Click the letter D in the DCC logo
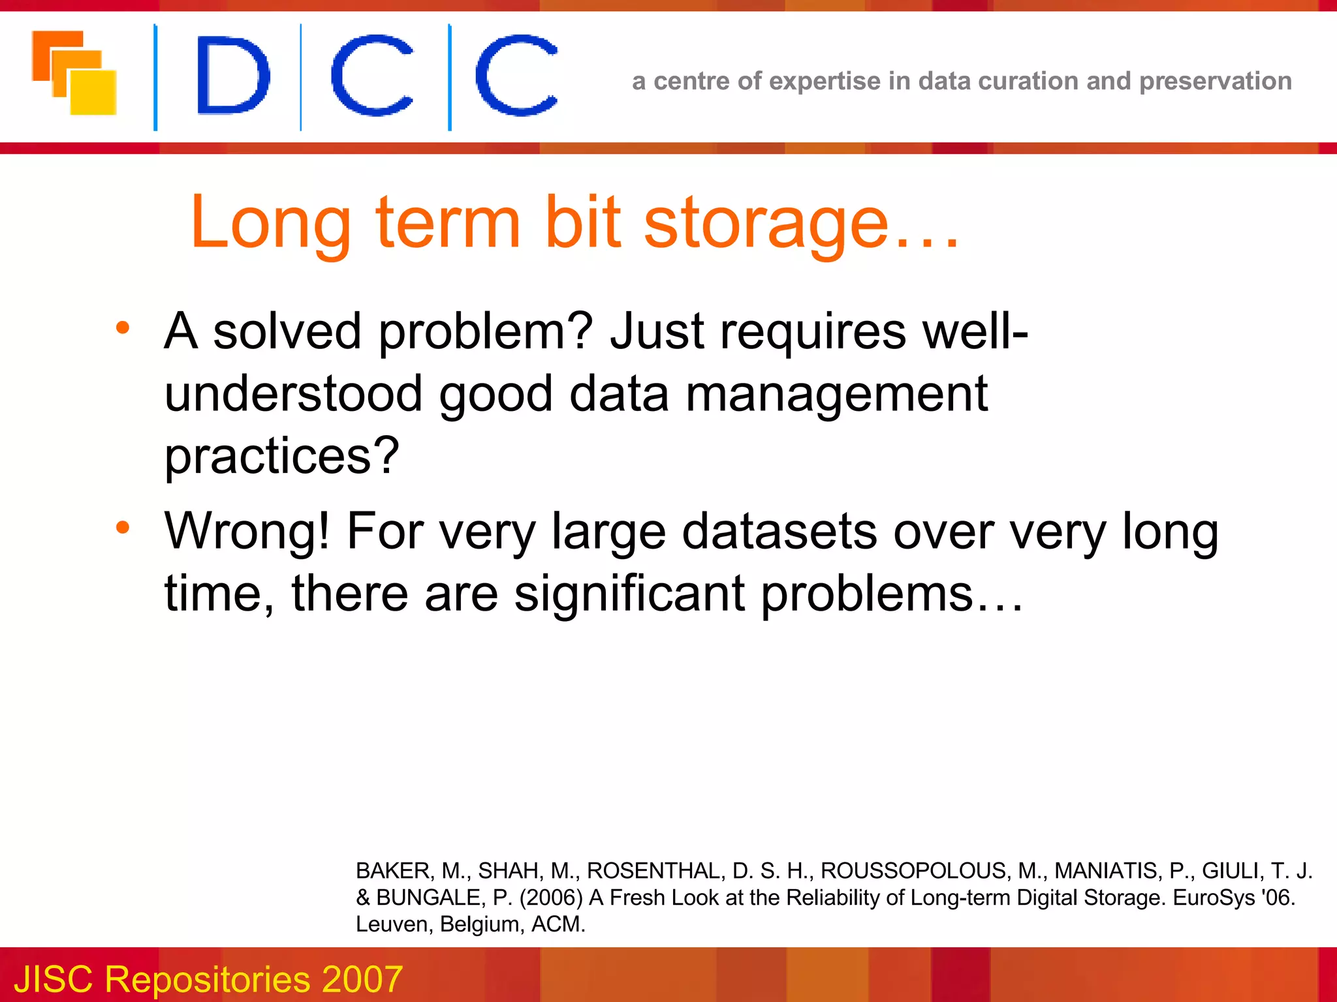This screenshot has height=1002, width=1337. [x=232, y=76]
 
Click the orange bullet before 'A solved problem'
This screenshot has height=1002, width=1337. [x=123, y=327]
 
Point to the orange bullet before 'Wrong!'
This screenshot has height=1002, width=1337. [x=123, y=527]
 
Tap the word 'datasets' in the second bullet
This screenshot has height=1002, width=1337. [x=779, y=531]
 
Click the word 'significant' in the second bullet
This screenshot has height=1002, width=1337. [x=629, y=594]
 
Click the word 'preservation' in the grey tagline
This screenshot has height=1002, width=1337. [x=1215, y=82]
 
